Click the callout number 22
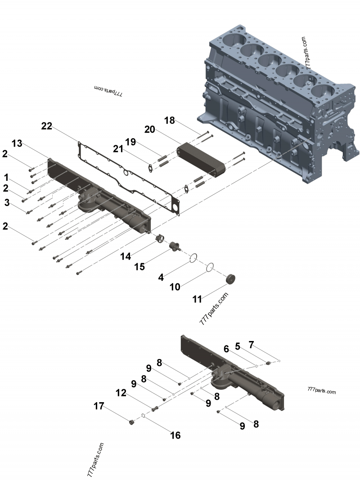[x=47, y=126]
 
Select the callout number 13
[x=17, y=143]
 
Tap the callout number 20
[x=150, y=130]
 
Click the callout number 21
[x=118, y=149]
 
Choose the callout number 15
[x=139, y=267]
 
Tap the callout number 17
[x=99, y=406]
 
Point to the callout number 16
[x=175, y=435]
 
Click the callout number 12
[x=121, y=393]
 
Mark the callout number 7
[x=251, y=345]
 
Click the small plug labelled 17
[x=132, y=422]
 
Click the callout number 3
[x=7, y=203]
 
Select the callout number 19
[x=130, y=142]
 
